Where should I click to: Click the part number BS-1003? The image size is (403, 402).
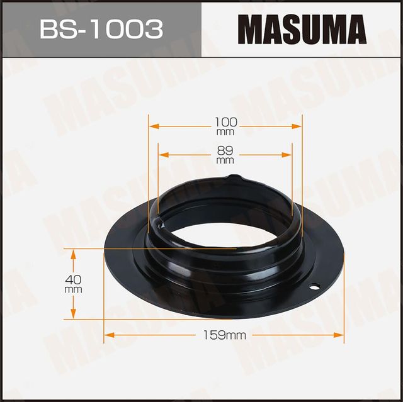coord(101,28)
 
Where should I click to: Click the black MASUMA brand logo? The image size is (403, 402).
coord(302,29)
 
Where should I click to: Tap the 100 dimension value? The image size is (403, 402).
coord(225,121)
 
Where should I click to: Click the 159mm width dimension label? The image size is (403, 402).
coord(225,336)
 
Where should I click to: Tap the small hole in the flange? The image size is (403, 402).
coord(312,288)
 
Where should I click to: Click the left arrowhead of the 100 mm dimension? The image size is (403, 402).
coord(152,126)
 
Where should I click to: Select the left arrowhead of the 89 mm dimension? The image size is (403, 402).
coord(162,154)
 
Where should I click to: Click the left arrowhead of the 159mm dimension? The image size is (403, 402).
coord(108,335)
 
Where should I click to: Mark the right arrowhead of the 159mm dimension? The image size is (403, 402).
coord(341,335)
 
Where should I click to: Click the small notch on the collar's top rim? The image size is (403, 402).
coord(234,177)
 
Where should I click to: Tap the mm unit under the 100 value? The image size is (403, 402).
coord(225,132)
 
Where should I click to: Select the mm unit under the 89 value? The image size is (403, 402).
coord(225,161)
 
